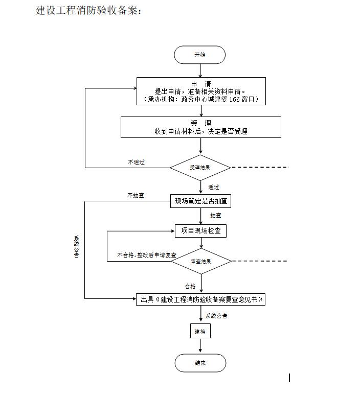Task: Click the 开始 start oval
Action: click(x=199, y=55)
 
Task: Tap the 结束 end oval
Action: click(x=200, y=363)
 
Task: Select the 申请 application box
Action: click(x=201, y=91)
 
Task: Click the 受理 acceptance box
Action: click(x=201, y=127)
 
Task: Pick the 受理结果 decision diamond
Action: click(x=200, y=168)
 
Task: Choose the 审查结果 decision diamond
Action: click(x=201, y=262)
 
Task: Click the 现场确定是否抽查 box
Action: click(x=200, y=201)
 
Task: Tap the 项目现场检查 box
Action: click(x=200, y=231)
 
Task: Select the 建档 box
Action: click(x=200, y=332)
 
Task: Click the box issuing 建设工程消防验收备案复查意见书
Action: click(x=201, y=300)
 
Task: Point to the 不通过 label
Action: click(x=136, y=162)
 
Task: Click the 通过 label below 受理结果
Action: click(x=214, y=188)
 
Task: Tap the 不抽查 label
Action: click(x=136, y=195)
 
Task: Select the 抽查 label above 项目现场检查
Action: click(x=216, y=216)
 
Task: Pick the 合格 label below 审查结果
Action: click(x=190, y=287)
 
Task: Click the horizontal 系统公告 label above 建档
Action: click(x=217, y=316)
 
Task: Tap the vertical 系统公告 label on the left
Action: click(x=77, y=246)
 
